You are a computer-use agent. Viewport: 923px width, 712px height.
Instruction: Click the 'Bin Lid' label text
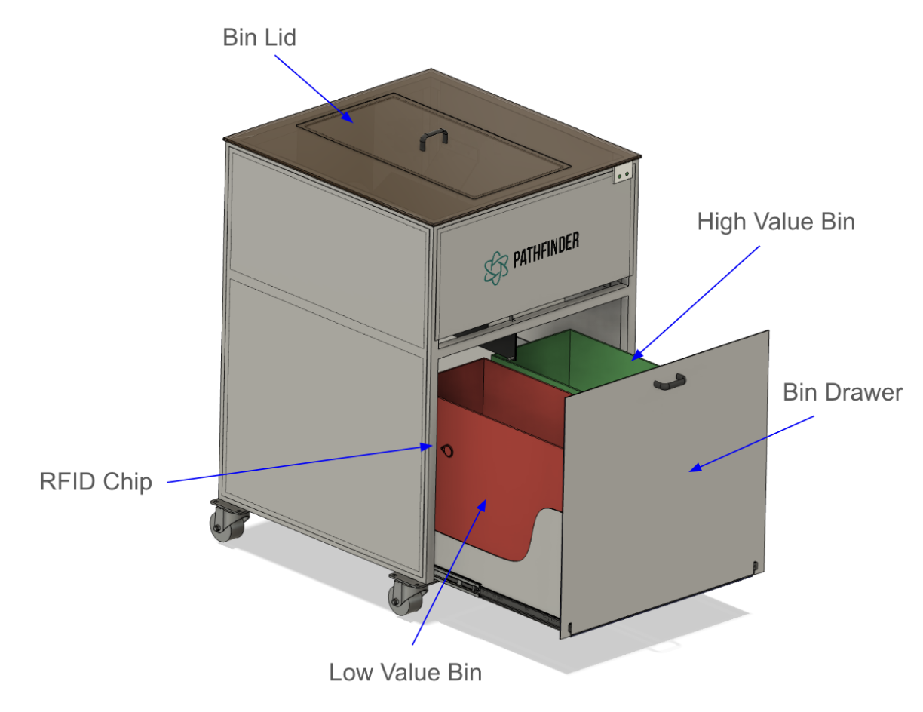click(x=259, y=38)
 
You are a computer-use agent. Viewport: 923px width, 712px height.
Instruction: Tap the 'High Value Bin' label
click(x=776, y=222)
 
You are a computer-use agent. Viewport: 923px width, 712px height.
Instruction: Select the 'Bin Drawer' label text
click(x=842, y=392)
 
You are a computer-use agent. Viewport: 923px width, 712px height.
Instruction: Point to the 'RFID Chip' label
click(x=96, y=481)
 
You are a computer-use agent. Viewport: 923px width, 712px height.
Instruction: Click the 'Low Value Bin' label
click(x=405, y=672)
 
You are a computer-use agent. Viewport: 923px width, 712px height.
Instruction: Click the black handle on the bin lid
click(x=434, y=137)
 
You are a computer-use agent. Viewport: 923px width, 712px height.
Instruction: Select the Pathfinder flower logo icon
click(x=495, y=268)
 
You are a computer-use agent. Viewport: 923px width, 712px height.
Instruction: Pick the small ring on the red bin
click(x=448, y=451)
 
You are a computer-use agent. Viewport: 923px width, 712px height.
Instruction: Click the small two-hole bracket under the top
click(x=623, y=174)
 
